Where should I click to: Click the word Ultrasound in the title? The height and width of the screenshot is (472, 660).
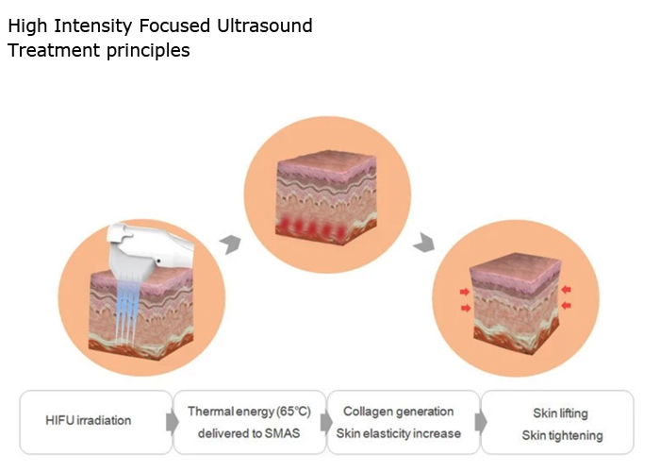click(x=265, y=25)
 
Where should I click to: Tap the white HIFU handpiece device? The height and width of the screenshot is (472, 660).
click(x=147, y=249)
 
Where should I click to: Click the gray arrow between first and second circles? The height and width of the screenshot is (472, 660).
click(x=231, y=244)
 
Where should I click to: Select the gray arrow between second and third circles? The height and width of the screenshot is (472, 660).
click(x=424, y=242)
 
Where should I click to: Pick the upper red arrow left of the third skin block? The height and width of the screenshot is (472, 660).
click(x=465, y=292)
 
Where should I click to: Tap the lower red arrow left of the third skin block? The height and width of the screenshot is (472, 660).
click(x=466, y=308)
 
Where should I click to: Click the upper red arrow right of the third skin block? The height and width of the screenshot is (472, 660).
click(x=566, y=289)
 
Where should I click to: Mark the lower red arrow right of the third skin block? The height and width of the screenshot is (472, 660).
click(x=567, y=305)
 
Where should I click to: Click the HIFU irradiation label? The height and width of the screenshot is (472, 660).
click(x=89, y=420)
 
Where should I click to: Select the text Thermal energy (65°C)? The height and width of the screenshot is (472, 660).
click(x=249, y=412)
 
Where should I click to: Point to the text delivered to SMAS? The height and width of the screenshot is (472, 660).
click(x=249, y=433)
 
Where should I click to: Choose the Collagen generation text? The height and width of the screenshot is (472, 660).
click(x=398, y=412)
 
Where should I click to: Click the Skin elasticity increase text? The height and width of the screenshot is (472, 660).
click(x=398, y=433)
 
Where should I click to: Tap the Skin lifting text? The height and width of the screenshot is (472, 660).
click(x=560, y=413)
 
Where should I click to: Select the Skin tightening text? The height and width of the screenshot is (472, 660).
click(x=562, y=436)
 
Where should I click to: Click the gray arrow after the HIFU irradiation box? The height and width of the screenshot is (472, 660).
click(x=173, y=422)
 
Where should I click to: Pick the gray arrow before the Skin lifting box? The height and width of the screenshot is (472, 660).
click(x=481, y=422)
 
